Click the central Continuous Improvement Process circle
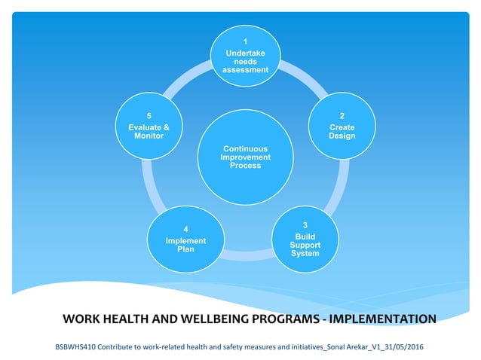tap(245, 156)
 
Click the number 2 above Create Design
tap(342, 117)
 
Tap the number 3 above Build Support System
tap(305, 225)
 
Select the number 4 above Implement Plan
tap(185, 229)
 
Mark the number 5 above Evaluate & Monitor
tap(149, 117)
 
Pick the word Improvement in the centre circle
tap(245, 157)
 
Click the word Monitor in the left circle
tap(149, 136)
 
